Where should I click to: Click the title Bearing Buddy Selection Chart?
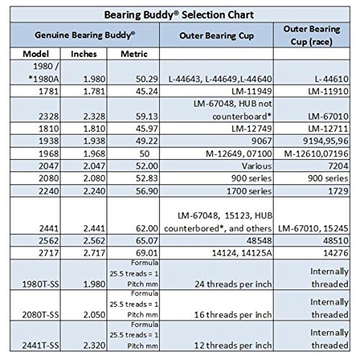pyautogui.click(x=180, y=13)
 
